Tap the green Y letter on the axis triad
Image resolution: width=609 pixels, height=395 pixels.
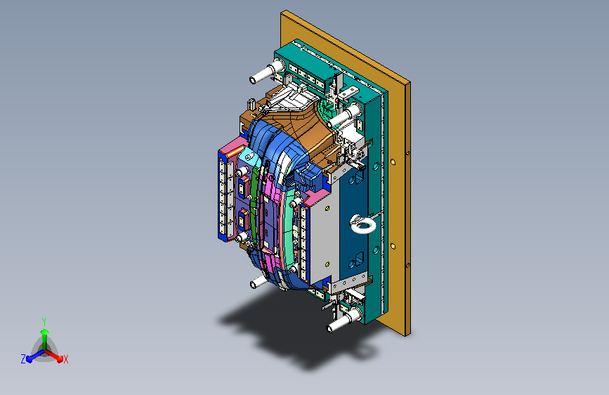(x=44, y=321)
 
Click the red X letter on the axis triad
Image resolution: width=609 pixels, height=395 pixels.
(x=65, y=359)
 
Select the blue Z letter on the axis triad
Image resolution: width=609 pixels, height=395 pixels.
(x=23, y=359)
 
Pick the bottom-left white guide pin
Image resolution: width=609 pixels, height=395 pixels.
(x=258, y=281)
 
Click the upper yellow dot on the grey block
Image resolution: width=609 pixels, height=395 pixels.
(x=327, y=208)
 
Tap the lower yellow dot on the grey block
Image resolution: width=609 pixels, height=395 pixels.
(x=327, y=264)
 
